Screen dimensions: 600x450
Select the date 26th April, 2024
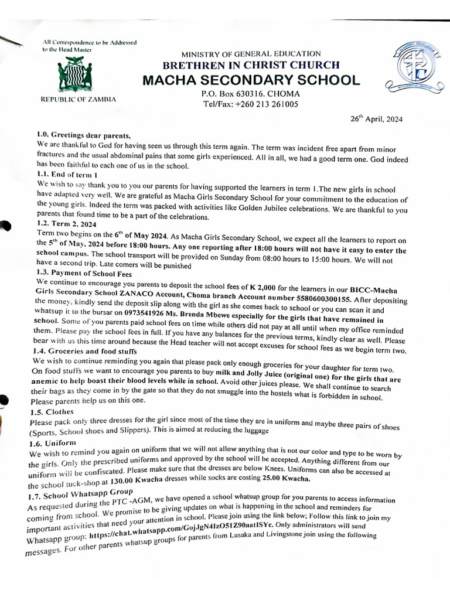coord(376,118)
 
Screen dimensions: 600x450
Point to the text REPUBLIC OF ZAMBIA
coord(78,100)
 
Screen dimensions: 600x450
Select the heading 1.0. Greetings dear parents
coord(82,134)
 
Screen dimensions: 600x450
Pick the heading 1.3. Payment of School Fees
coord(84,273)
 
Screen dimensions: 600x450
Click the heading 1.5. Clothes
coord(51,412)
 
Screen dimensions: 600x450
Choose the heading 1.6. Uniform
coord(53,444)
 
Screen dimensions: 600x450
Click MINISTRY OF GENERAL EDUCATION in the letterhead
coord(251,54)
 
